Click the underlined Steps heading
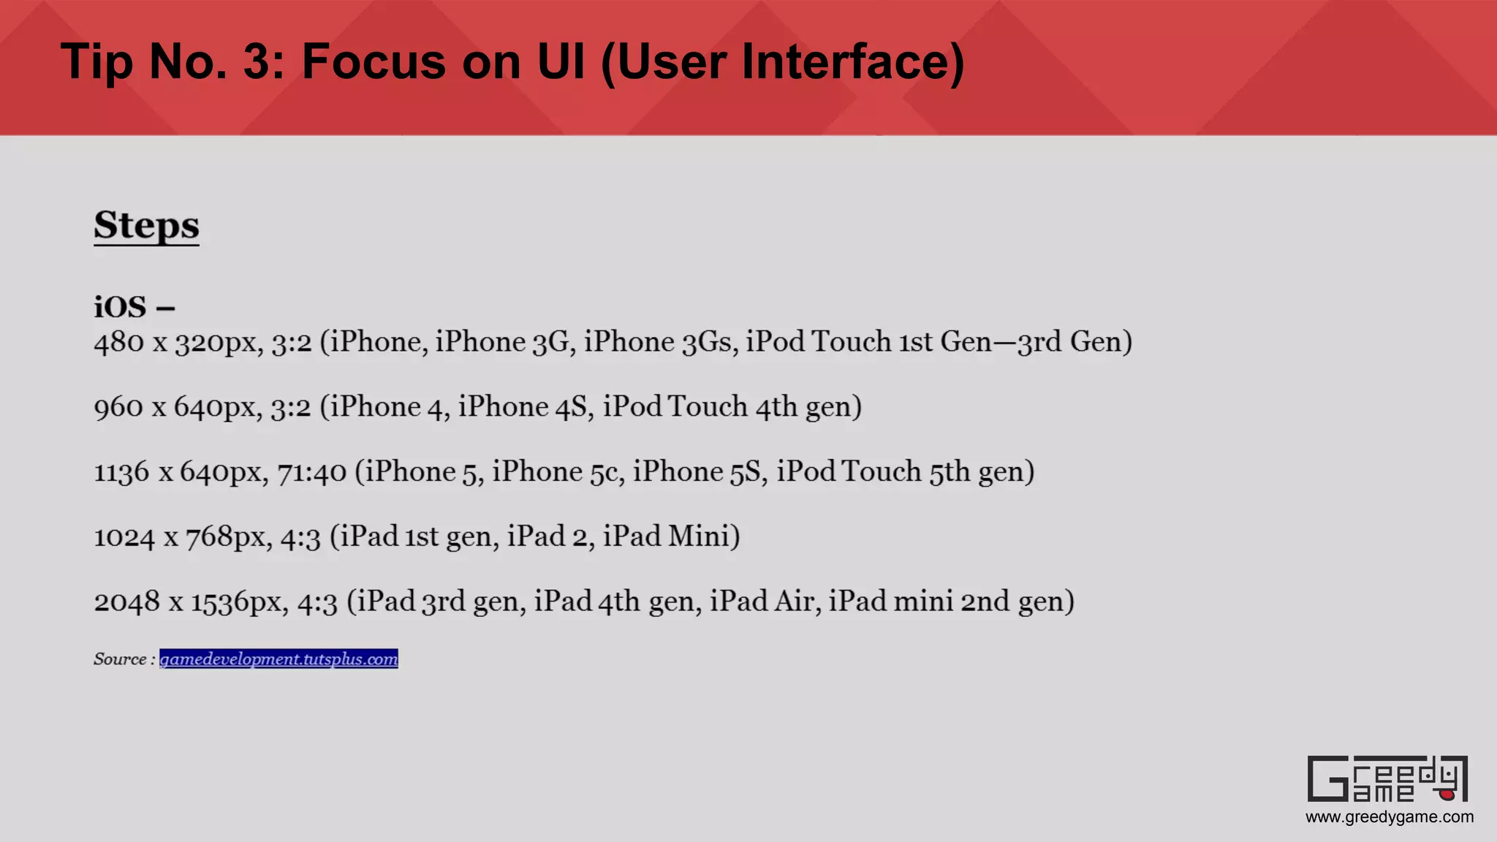click(146, 225)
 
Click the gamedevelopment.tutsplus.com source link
click(278, 659)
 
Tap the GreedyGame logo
click(1387, 779)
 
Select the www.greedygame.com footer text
click(1389, 817)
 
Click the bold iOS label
click(121, 307)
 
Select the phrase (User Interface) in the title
click(782, 63)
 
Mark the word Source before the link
click(120, 659)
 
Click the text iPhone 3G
click(503, 342)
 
